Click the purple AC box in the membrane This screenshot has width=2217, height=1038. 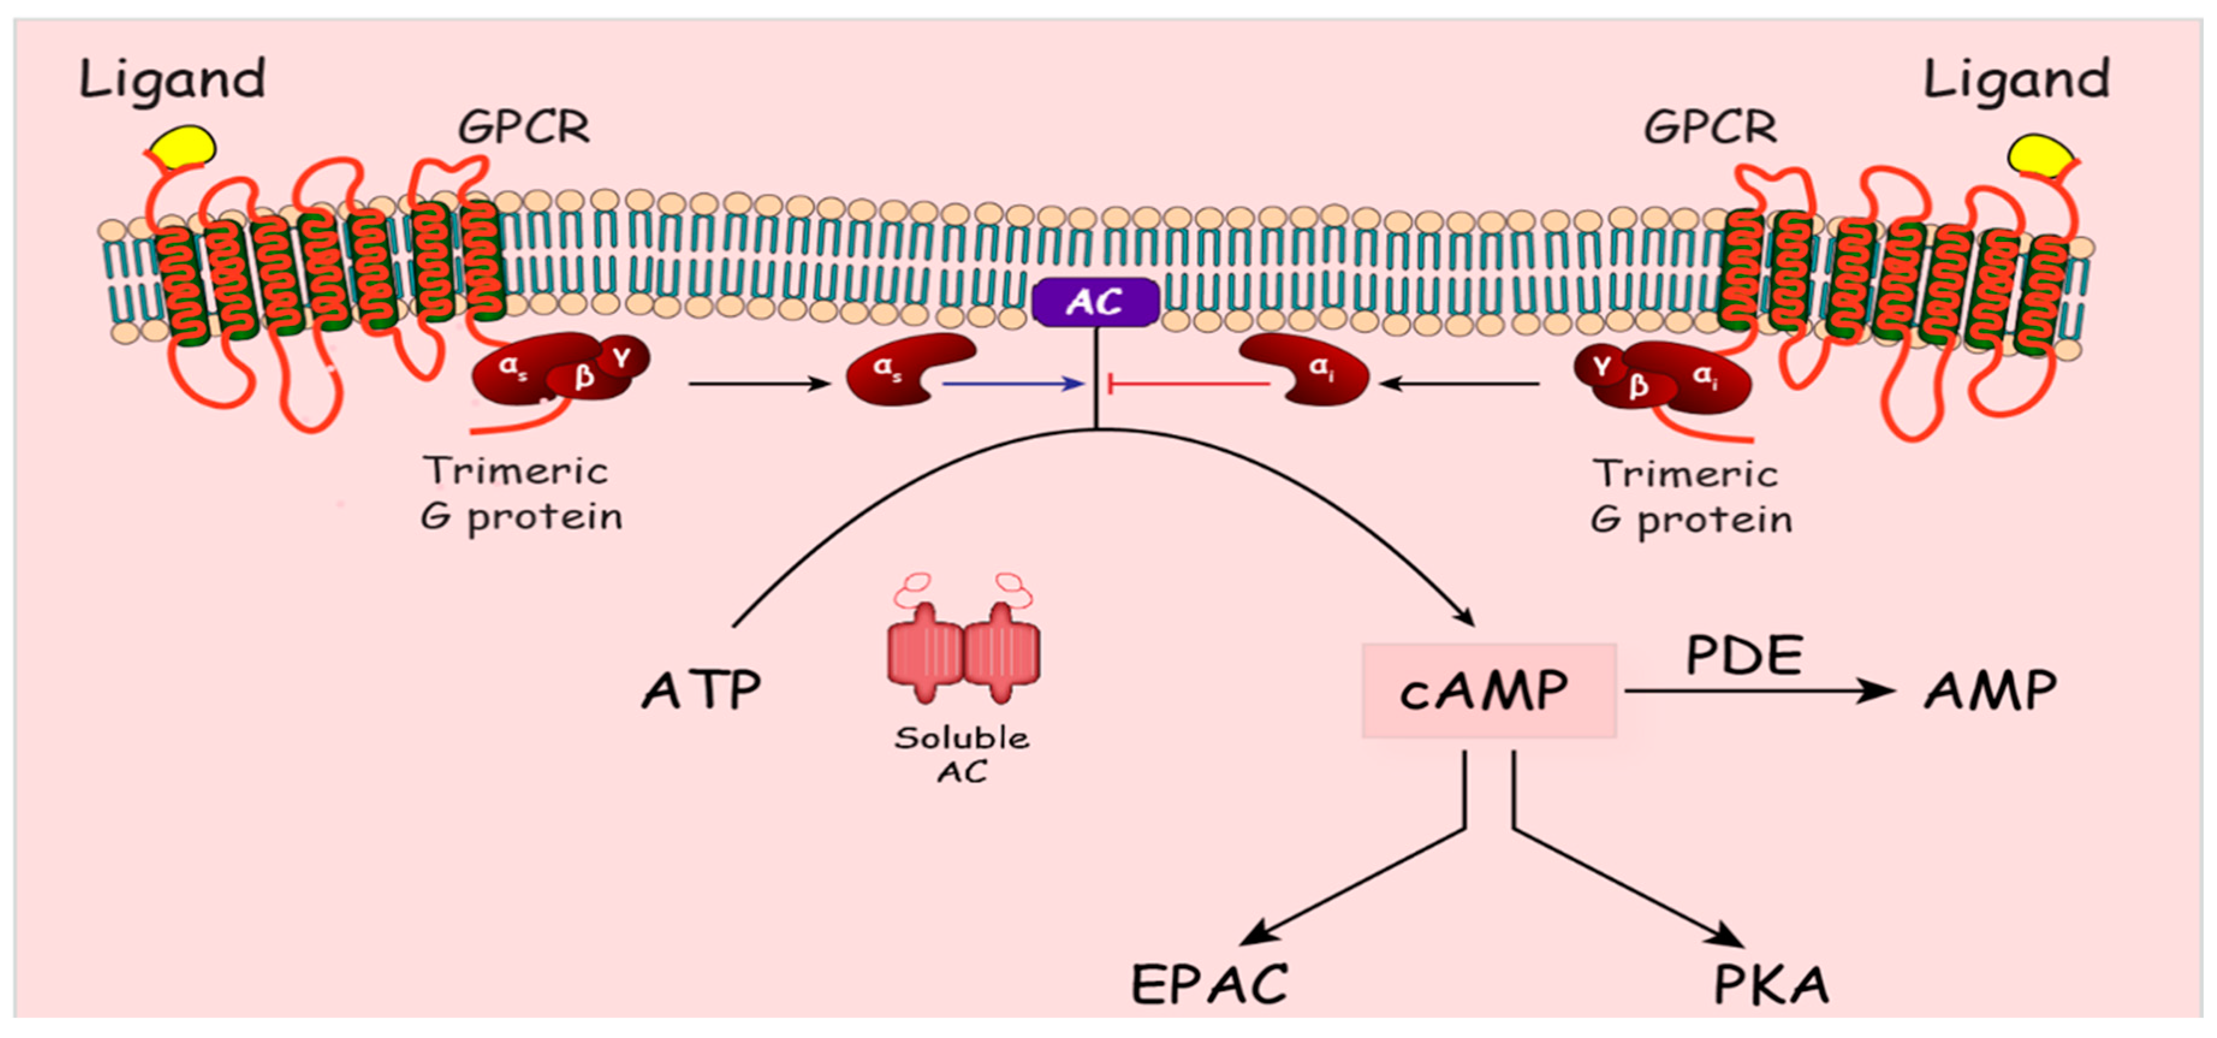[1095, 302]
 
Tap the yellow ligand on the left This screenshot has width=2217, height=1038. [183, 146]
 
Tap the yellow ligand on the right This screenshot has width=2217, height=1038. [2040, 156]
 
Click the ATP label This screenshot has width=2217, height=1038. [702, 690]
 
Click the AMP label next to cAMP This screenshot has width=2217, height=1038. [1990, 690]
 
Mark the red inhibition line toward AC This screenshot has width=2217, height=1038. [1188, 384]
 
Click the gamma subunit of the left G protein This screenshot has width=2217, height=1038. [622, 358]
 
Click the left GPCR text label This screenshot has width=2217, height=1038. [523, 127]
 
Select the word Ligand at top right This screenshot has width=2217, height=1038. [2016, 79]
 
